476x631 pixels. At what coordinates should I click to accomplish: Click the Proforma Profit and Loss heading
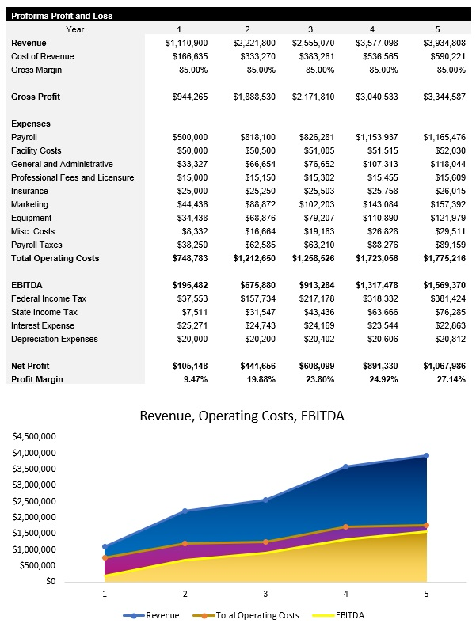pos(62,16)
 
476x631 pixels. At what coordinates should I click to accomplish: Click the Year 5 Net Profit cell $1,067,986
pos(444,366)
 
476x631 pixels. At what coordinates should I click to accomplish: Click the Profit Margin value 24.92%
pos(383,379)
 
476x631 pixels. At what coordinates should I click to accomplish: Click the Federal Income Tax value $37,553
pos(190,298)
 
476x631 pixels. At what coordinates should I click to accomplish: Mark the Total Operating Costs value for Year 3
pos(314,258)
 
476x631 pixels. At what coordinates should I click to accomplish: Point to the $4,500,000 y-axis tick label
pos(33,436)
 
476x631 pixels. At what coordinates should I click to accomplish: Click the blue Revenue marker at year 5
pos(426,456)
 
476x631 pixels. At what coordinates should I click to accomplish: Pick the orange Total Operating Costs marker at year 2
pos(185,543)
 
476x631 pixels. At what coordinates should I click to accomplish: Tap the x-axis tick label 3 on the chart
pos(265,594)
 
